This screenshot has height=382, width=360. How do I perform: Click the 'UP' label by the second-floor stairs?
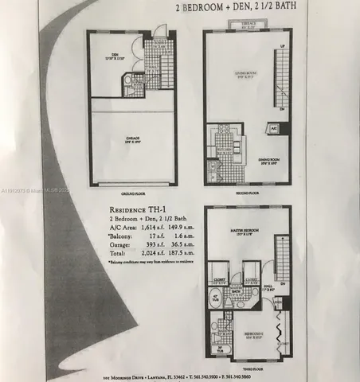click(284, 49)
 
